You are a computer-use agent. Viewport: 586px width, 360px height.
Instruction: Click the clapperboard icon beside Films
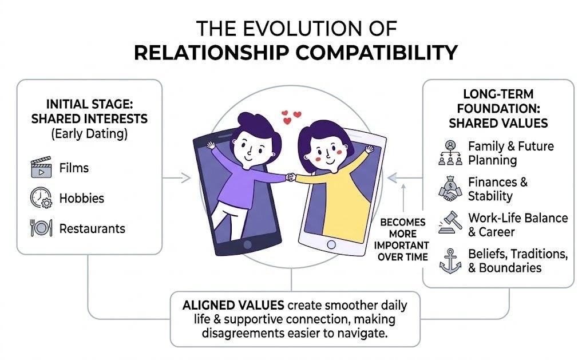(41, 169)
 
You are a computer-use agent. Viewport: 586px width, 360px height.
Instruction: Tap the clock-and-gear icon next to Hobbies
(41, 198)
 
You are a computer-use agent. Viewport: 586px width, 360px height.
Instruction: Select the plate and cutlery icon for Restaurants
(41, 228)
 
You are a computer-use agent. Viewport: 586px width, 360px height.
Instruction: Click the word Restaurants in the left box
(92, 228)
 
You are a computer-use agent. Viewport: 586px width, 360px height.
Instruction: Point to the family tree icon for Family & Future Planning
(449, 153)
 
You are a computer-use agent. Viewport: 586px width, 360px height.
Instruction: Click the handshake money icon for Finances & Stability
(449, 189)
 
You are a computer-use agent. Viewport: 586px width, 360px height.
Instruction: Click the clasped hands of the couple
(291, 177)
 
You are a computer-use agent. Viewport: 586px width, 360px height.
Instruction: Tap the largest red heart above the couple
(296, 116)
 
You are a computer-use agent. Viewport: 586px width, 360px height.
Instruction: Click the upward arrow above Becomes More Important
(404, 197)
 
